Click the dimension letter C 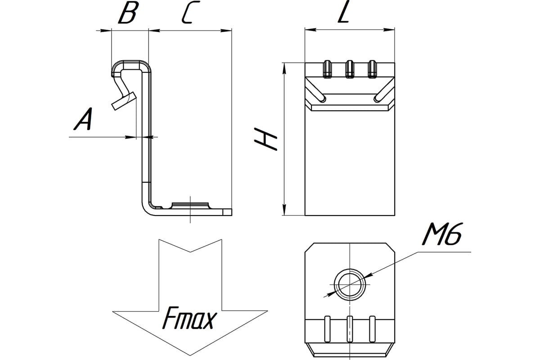pyautogui.click(x=188, y=14)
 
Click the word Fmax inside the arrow pyautogui.click(x=189, y=320)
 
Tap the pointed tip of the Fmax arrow pyautogui.click(x=189, y=354)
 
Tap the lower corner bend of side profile pyautogui.click(x=149, y=209)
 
